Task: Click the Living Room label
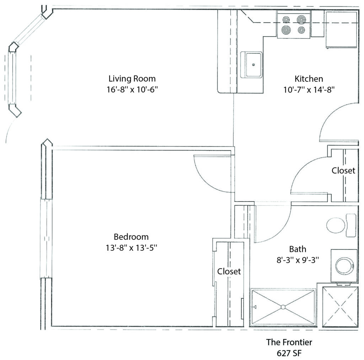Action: (132, 78)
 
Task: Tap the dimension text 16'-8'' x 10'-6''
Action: (132, 90)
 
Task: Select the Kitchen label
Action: (309, 79)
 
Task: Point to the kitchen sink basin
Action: (252, 64)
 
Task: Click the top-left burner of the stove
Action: (286, 19)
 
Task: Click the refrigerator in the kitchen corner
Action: (342, 30)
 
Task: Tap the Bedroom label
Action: (131, 237)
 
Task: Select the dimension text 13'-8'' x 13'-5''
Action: (131, 248)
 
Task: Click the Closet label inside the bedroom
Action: (229, 271)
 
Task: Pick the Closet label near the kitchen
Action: (343, 170)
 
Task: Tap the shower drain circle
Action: (283, 307)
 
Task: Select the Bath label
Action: (298, 249)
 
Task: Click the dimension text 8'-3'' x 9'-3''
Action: (298, 260)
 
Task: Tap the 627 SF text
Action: (289, 354)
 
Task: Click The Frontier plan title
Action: (289, 342)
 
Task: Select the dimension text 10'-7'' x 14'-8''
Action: (309, 90)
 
